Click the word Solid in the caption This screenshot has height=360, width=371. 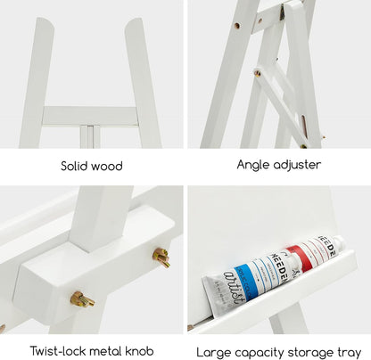coord(75,166)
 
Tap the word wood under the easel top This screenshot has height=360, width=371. coord(107,166)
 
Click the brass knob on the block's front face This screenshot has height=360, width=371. coord(82,298)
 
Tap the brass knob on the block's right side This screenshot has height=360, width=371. coord(161,258)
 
